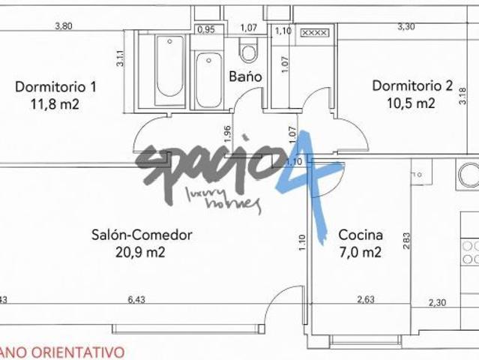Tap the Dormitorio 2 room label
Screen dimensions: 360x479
(x=413, y=85)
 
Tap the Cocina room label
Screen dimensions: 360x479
(x=361, y=234)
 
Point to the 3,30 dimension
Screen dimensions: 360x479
(x=406, y=26)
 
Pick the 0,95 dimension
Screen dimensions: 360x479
(x=205, y=30)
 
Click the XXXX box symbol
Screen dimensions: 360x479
(x=313, y=32)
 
